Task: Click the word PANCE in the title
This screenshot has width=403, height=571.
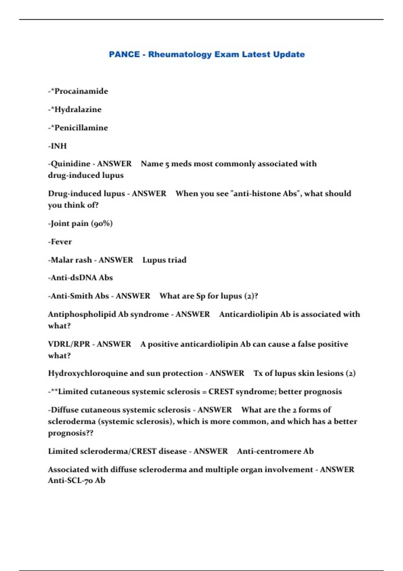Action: (124, 54)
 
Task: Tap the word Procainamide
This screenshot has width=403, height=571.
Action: (81, 91)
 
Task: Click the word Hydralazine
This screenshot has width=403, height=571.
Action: (78, 109)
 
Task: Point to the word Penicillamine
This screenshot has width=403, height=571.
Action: (81, 128)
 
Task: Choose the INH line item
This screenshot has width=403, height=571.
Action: (58, 146)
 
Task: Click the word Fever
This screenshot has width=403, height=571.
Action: (61, 242)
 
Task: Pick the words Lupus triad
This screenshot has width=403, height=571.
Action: (164, 260)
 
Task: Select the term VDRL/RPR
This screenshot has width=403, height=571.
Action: (69, 344)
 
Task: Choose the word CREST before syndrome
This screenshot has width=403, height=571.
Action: (221, 392)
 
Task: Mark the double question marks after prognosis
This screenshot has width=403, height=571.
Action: (90, 433)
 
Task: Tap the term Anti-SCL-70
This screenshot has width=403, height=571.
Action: (70, 481)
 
